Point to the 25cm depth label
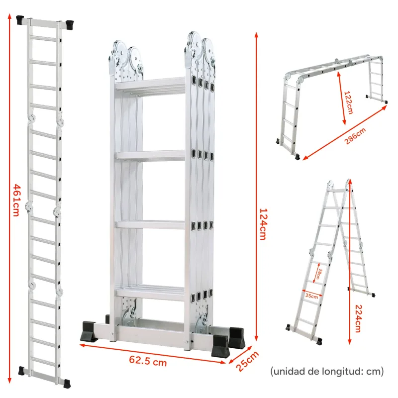[x=247, y=362]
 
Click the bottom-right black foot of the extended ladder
[x=65, y=383]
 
